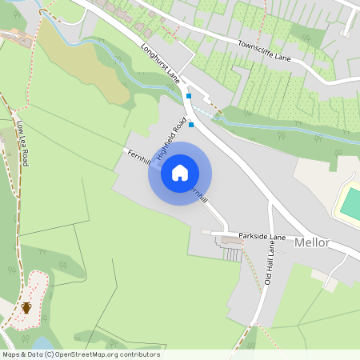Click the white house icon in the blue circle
coord(180,172)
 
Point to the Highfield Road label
coord(173,138)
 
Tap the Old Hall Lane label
coord(270,265)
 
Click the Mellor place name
coord(312,242)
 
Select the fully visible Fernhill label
coord(138,157)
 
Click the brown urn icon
coord(26,307)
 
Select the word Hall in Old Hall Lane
coord(270,264)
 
